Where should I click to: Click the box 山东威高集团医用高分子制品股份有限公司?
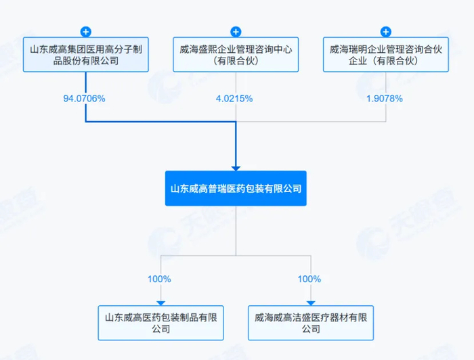(x=85, y=55)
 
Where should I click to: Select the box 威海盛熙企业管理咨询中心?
(x=235, y=55)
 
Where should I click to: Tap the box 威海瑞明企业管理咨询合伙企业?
(x=385, y=55)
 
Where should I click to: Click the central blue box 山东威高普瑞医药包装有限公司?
(x=235, y=187)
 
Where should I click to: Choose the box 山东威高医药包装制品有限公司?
(x=160, y=322)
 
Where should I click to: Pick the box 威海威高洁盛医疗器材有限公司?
(x=310, y=322)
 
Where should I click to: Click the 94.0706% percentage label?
(x=85, y=98)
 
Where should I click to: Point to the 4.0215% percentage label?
(x=234, y=98)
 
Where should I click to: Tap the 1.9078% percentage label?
(x=385, y=98)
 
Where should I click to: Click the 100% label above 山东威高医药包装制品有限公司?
(x=160, y=279)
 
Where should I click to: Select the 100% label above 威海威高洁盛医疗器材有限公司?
(x=309, y=279)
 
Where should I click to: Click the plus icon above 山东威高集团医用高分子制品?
(x=85, y=31)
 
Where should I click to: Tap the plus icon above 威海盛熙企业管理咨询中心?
(x=235, y=31)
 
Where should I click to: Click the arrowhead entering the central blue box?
(x=235, y=166)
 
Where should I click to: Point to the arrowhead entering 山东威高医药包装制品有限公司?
(x=160, y=302)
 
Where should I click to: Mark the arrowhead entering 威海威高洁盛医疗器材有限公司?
(x=310, y=302)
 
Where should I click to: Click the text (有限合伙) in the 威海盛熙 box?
(x=235, y=61)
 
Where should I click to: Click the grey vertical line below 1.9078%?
(x=385, y=114)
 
